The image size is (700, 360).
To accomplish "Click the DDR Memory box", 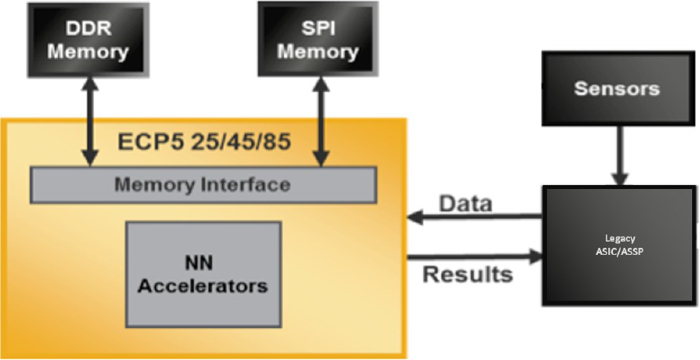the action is [x=88, y=40].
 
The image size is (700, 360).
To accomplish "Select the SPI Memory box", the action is [x=318, y=38].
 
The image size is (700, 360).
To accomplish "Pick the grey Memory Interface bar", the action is [x=203, y=184].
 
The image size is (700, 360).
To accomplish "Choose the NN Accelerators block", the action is [x=203, y=274].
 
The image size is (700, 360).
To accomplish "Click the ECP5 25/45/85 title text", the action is [x=204, y=143].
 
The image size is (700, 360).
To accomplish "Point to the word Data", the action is [x=465, y=203].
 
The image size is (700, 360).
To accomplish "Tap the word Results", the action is [x=468, y=274].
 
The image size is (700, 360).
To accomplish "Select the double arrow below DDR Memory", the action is [x=89, y=121].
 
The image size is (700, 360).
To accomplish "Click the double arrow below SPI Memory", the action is [x=320, y=122].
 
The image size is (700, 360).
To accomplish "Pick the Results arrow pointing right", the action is [x=475, y=256].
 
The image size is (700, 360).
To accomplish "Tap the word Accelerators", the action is [x=202, y=285].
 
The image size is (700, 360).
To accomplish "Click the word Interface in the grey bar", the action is [x=246, y=184].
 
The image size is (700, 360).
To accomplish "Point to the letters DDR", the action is [x=88, y=28].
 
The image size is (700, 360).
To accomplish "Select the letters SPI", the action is [x=318, y=28].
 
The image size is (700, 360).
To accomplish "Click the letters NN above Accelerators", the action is [x=199, y=264].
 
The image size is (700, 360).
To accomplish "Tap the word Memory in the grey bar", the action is [x=156, y=184].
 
